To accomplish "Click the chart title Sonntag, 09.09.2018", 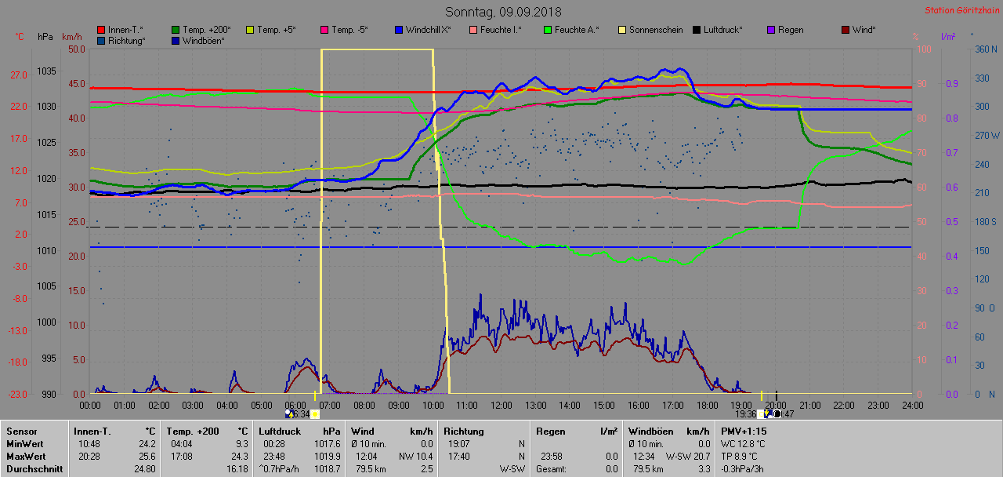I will point(503,12).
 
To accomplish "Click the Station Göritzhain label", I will point(960,11).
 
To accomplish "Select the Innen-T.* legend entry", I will point(125,30).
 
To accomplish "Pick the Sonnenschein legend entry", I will point(655,30).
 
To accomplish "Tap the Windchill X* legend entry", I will point(428,30).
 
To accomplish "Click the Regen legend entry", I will point(791,30).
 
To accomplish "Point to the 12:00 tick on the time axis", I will point(501,405).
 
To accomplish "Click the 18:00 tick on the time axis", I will point(707,405).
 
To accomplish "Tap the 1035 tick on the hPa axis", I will point(46,71).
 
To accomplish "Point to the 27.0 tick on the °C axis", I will point(18,75).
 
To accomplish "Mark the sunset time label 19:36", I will point(745,413).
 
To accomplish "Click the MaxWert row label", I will point(27,456).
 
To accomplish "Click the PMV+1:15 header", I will point(744,431).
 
